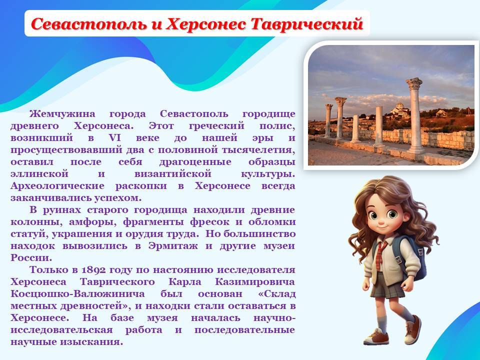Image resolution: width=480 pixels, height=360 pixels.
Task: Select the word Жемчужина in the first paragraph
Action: click(62, 114)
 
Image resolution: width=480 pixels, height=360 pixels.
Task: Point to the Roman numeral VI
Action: click(115, 138)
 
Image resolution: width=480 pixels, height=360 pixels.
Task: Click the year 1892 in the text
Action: click(93, 270)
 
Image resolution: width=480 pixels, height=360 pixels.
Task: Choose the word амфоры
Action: click(93, 222)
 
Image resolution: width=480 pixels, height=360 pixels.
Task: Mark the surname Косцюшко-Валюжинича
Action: click(77, 294)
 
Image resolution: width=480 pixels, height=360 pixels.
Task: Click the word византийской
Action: click(173, 174)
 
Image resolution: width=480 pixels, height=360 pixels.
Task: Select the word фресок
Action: click(209, 222)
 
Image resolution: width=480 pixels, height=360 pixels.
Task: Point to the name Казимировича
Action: click(255, 282)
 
